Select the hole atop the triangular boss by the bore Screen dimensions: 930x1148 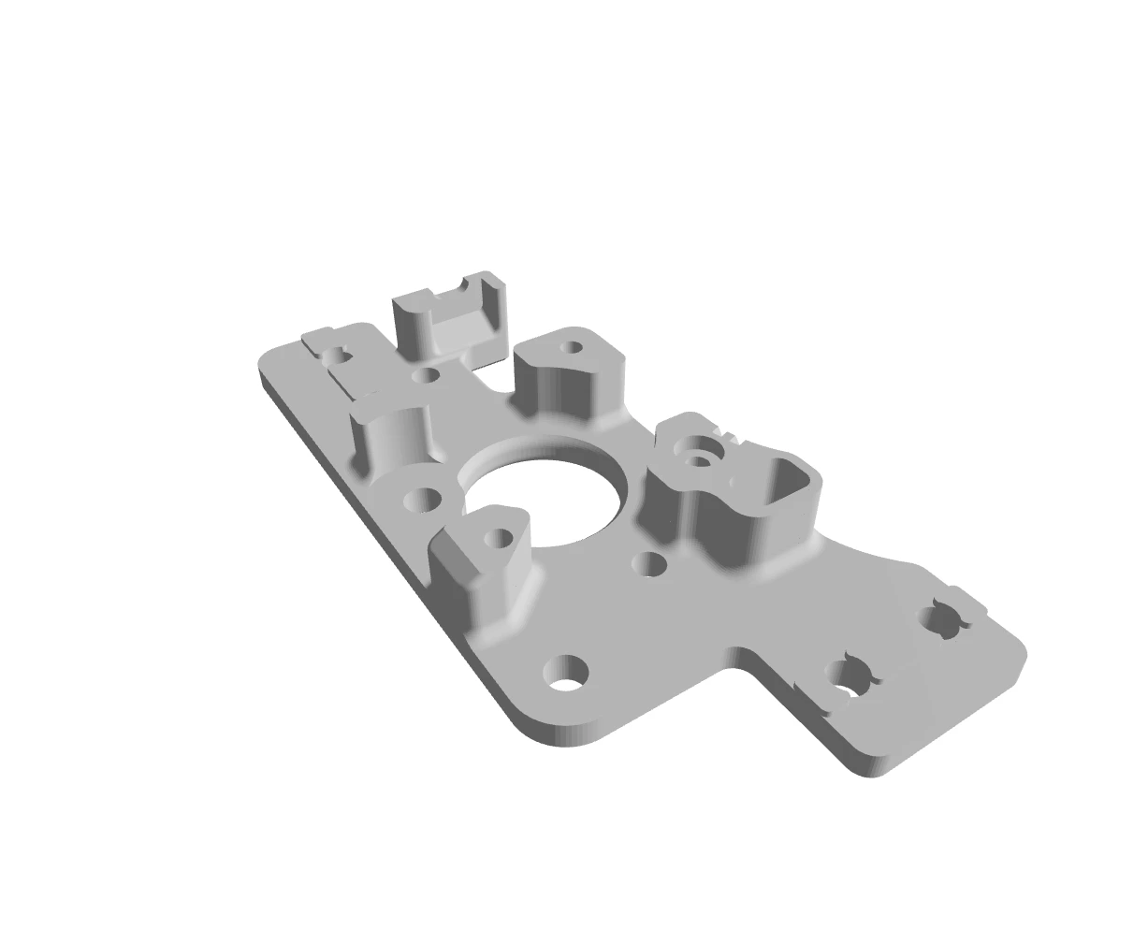click(499, 538)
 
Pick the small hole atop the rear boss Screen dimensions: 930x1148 click(571, 348)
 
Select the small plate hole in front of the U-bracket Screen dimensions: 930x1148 click(426, 376)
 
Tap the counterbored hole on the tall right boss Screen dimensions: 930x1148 click(699, 458)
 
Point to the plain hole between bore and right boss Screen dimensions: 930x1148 click(649, 563)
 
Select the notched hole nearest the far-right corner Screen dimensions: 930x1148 click(941, 620)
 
